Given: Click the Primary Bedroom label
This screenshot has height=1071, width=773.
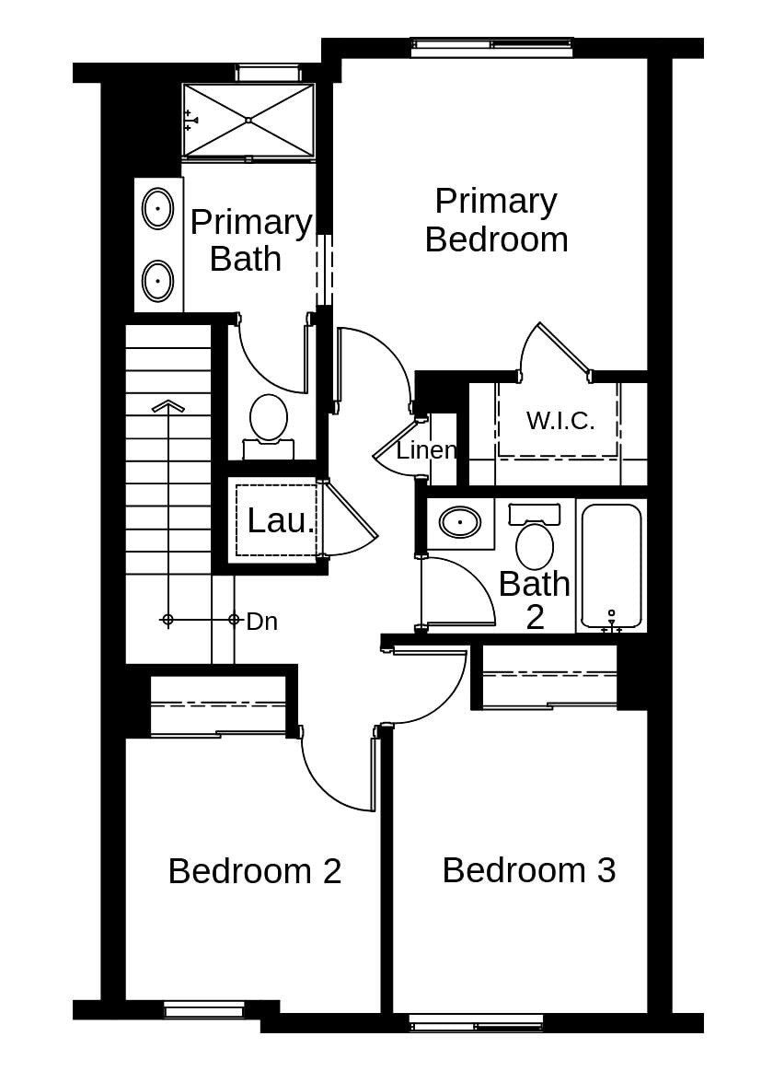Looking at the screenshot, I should [496, 220].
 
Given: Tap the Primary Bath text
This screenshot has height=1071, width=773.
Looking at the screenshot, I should [249, 240].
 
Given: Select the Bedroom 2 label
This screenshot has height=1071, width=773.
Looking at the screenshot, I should [255, 870].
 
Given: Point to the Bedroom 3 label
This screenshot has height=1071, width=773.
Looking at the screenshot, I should [528, 869].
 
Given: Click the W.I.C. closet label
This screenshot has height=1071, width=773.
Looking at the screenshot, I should [560, 421].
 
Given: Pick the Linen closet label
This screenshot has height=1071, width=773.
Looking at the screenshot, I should [426, 450].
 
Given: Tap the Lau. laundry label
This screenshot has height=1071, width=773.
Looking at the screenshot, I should [281, 521].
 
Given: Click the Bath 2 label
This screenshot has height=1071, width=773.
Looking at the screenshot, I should [534, 600].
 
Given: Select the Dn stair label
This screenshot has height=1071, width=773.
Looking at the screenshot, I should [262, 622].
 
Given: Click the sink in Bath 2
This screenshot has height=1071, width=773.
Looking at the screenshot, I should [460, 522].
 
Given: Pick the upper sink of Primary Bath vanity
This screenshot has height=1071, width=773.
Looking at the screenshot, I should [158, 208].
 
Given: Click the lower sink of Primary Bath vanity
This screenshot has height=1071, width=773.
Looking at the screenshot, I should [158, 278].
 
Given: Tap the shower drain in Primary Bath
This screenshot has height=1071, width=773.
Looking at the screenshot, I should [248, 120].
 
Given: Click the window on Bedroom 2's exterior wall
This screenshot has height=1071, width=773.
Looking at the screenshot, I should [204, 1010].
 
